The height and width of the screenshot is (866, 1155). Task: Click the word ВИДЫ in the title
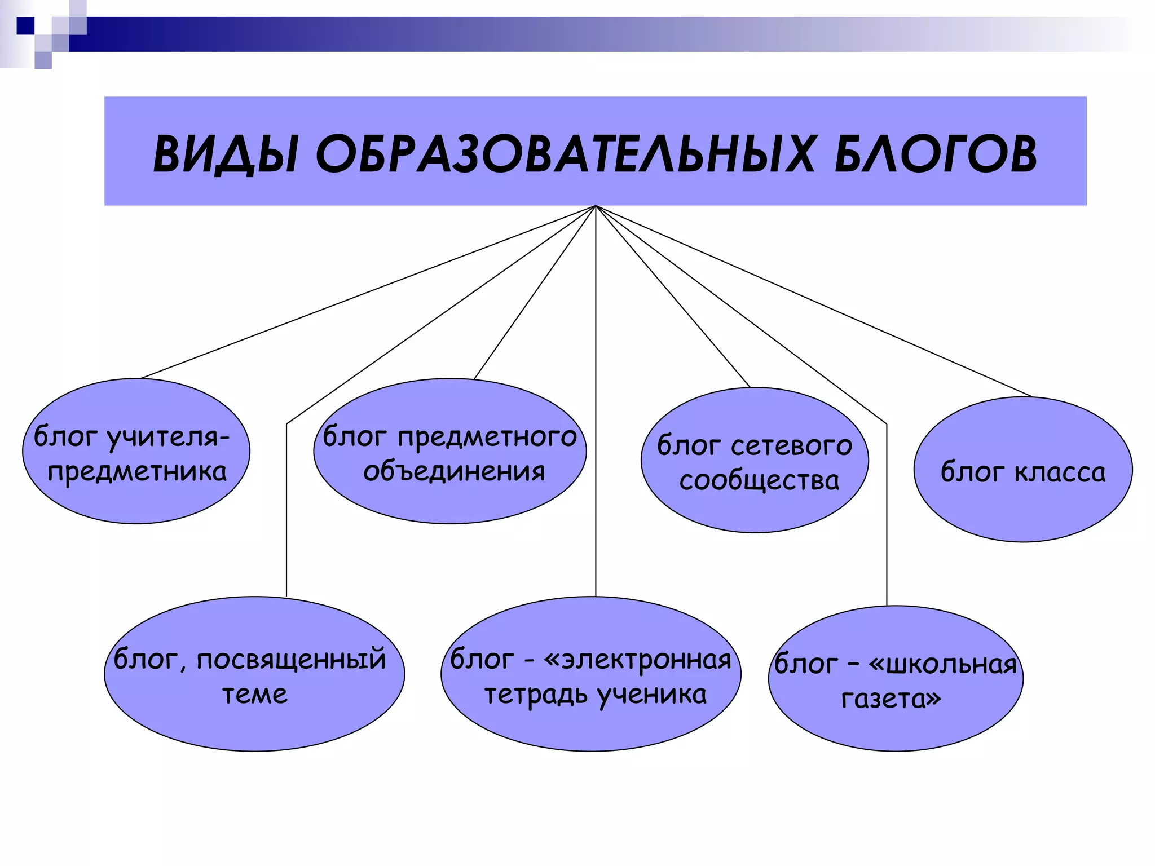tap(226, 154)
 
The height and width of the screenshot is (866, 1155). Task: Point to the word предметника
tap(137, 471)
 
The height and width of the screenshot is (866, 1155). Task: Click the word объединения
tap(454, 471)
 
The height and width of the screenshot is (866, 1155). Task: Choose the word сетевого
tap(791, 446)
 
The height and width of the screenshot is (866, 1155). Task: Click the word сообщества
tap(759, 480)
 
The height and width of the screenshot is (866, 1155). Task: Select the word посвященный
tap(291, 659)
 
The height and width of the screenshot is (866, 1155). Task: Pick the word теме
tap(254, 694)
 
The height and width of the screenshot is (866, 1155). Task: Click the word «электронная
tap(637, 659)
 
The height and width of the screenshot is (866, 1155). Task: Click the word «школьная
tap(942, 664)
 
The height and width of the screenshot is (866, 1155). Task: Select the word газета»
tap(891, 699)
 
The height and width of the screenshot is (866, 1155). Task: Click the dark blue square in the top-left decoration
tap(25, 26)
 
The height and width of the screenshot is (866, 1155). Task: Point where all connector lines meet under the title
tap(596, 206)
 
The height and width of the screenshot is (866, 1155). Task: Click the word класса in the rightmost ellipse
tap(1060, 472)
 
